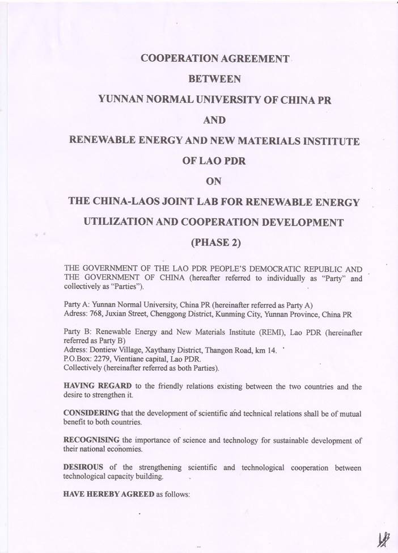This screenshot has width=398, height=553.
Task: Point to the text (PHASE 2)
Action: coord(217,242)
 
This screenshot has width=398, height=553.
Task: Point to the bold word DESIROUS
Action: coord(84,467)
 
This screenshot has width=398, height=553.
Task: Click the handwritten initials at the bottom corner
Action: coord(383,538)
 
